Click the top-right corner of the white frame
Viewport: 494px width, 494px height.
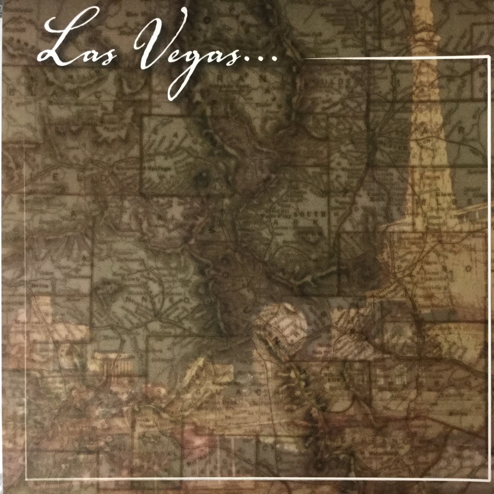(489, 58)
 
